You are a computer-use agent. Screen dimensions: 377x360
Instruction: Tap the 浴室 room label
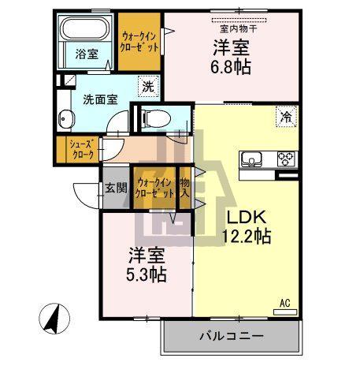pyautogui.click(x=86, y=54)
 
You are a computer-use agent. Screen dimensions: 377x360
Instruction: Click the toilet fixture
pyautogui.click(x=155, y=119)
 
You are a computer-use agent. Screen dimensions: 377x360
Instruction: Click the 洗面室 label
pyautogui.click(x=100, y=100)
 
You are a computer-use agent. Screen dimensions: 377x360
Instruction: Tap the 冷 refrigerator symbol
pyautogui.click(x=282, y=117)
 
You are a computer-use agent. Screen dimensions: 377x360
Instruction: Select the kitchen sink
pyautogui.click(x=254, y=159)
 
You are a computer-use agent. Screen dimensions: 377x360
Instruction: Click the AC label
pyautogui.click(x=285, y=302)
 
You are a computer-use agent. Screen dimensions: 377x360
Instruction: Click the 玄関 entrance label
pyautogui.click(x=112, y=188)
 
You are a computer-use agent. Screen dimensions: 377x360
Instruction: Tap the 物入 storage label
pyautogui.click(x=184, y=188)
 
